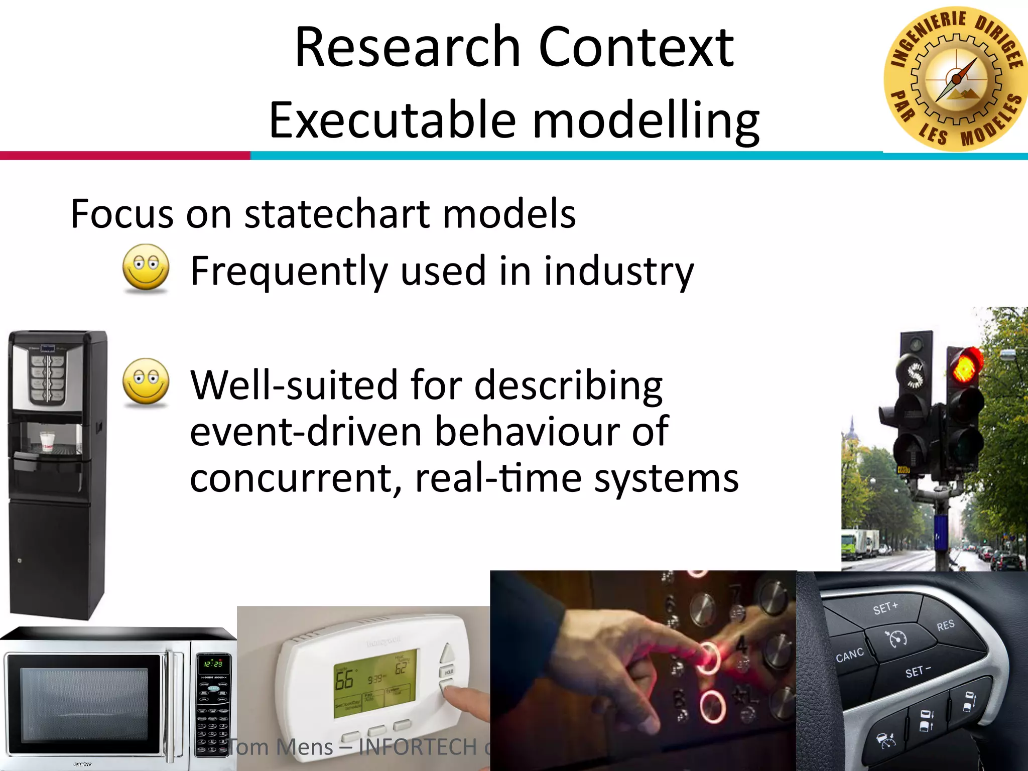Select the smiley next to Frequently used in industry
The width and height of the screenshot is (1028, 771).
[146, 268]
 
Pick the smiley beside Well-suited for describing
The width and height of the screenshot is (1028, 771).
[146, 382]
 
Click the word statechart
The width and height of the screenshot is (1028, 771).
[337, 214]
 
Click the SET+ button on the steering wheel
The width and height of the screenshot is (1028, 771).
[885, 608]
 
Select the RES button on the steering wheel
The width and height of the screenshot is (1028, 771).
[945, 625]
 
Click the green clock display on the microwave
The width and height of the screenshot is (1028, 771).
[213, 664]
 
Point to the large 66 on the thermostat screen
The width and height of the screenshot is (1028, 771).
[344, 680]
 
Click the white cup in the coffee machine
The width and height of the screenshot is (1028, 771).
[47, 441]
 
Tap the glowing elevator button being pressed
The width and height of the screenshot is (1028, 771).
[707, 658]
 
